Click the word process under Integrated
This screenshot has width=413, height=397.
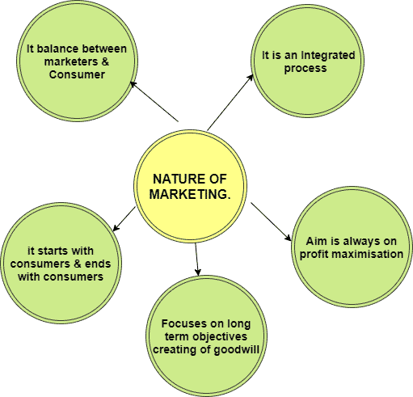click(306, 69)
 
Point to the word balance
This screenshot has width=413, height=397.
click(58, 49)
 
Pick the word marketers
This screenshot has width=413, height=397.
click(71, 61)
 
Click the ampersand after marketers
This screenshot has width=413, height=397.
click(105, 61)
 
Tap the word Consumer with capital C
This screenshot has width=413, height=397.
click(77, 74)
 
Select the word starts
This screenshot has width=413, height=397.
click(53, 251)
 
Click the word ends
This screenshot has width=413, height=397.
click(98, 264)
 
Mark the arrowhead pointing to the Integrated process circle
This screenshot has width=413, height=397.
click(251, 78)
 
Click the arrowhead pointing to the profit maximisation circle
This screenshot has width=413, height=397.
click(288, 238)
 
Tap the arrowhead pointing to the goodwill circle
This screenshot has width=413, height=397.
click(198, 272)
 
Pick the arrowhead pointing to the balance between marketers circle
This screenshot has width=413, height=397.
click(133, 84)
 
